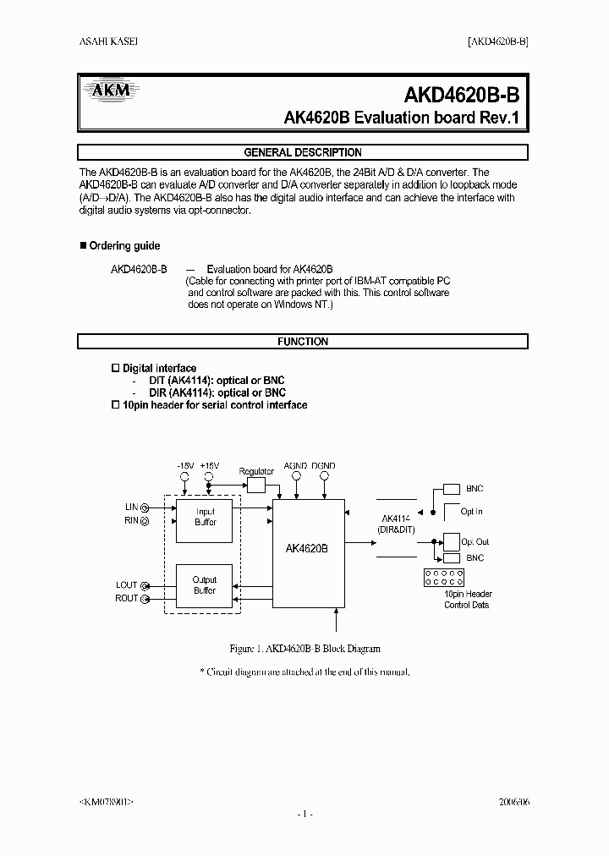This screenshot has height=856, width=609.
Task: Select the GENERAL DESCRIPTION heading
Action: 303,153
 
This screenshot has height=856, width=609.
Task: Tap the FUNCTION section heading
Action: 303,342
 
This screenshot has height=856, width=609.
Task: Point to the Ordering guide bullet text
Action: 124,246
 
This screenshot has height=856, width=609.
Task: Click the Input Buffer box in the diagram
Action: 206,518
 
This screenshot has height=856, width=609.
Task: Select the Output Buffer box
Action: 206,585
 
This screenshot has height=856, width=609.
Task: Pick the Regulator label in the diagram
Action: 256,470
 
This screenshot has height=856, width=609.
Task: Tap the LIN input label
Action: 132,507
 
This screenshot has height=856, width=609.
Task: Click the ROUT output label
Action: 127,599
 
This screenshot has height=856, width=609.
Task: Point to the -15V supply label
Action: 185,465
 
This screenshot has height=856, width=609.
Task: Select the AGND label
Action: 295,465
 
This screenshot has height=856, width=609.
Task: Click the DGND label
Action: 322,465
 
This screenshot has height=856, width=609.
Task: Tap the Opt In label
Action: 472,512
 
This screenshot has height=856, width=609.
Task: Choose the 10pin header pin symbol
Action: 444,578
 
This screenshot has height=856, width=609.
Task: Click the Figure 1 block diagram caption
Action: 304,649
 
